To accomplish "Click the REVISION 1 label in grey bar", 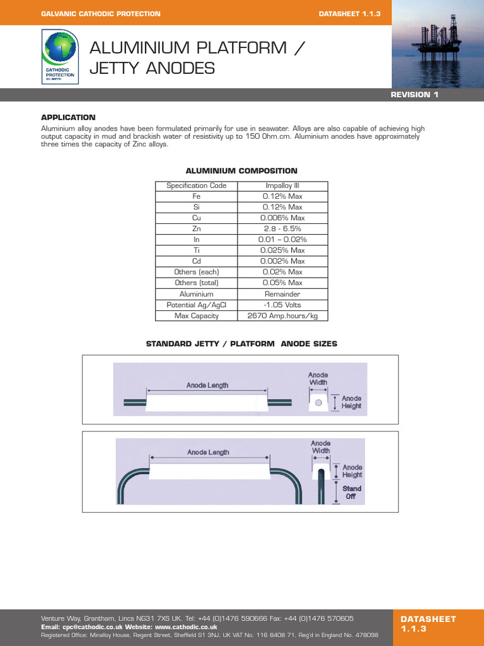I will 414,95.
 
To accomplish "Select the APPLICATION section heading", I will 68,117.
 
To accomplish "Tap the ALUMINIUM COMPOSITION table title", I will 241,171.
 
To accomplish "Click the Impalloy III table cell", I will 282,185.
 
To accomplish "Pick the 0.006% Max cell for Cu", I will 282,218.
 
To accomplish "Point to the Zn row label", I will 197,228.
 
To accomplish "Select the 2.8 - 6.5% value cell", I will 282,228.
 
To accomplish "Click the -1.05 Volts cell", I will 282,305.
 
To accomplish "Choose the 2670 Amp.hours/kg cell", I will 282,315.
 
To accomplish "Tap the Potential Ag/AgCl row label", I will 197,305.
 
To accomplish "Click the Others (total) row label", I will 197,283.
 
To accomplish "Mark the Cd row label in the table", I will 197,261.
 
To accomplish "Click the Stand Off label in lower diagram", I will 352,492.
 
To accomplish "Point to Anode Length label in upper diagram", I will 207,385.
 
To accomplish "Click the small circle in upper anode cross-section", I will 318,402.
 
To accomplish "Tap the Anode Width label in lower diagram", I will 321,447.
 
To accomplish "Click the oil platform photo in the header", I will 437,44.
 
